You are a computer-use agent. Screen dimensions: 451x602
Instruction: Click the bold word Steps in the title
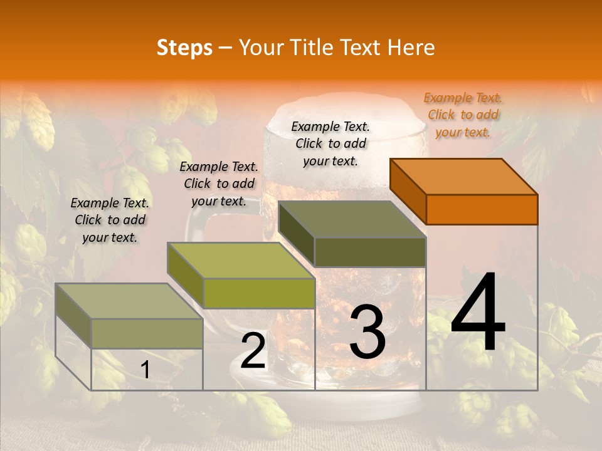coord(184,48)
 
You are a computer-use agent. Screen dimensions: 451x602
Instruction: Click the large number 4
coord(478,313)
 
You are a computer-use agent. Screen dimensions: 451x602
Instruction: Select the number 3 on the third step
coord(367,332)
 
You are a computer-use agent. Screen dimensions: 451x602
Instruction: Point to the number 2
coord(253,351)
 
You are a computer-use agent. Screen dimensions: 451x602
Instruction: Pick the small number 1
coord(145,370)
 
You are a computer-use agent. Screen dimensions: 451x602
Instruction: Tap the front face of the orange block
coord(482,209)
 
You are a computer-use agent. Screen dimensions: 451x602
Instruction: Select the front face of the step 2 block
coord(259,293)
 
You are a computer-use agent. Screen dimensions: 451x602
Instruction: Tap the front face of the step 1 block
coord(147,333)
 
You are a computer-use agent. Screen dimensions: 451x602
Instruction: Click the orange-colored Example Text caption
coord(463,115)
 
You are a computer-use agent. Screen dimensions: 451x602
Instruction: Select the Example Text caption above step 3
coord(330,143)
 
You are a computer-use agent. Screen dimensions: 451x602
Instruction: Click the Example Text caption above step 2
coord(219,184)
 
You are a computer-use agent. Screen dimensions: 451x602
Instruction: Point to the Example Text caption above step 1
coord(110,220)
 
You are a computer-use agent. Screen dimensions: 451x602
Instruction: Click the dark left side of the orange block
coord(408,191)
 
